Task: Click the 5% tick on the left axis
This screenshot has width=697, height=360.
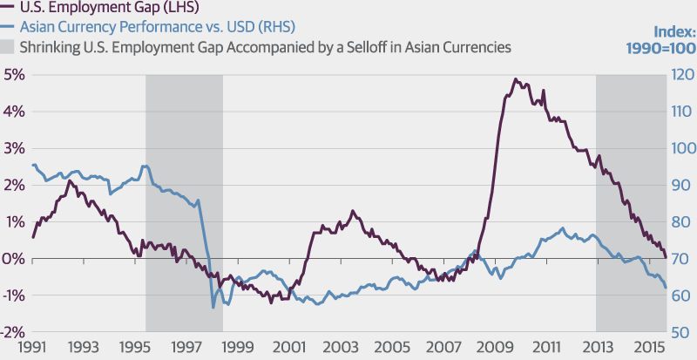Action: click(x=14, y=75)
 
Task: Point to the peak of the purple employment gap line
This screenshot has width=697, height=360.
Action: click(x=515, y=79)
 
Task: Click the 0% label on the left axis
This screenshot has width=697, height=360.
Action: click(x=14, y=259)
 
